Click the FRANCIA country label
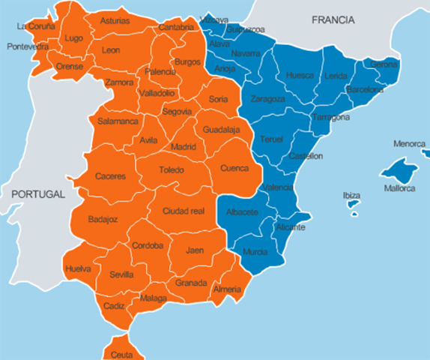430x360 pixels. click(333, 20)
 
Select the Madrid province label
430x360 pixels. click(183, 146)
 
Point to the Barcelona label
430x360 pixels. click(365, 90)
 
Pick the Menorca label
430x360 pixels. click(408, 143)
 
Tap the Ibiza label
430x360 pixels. click(351, 195)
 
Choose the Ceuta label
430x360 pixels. click(121, 354)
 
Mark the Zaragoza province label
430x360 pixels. click(267, 99)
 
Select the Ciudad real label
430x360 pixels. click(184, 211)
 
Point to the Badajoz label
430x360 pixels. click(103, 219)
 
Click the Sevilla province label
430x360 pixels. click(121, 274)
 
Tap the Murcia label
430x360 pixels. click(255, 252)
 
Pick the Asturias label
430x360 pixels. click(115, 20)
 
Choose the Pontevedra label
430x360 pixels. click(27, 46)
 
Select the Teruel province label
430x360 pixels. click(271, 139)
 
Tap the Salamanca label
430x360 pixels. click(118, 121)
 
